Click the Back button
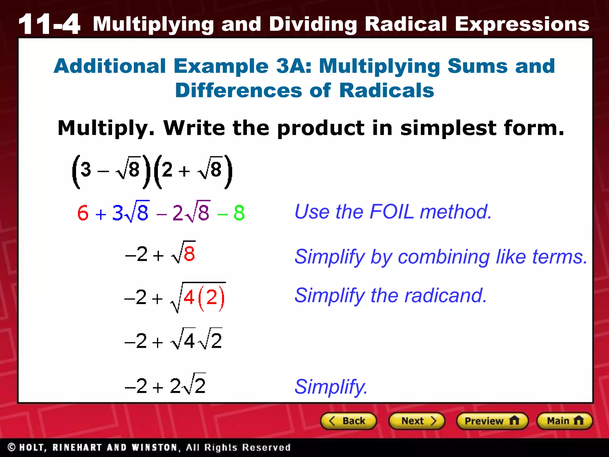348,421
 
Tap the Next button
417,421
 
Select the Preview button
492,421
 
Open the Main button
564,421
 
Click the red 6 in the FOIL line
83,213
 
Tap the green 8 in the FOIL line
239,213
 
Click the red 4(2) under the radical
204,298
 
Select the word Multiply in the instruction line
106,128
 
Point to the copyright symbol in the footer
12,447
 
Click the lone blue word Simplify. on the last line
331,387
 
